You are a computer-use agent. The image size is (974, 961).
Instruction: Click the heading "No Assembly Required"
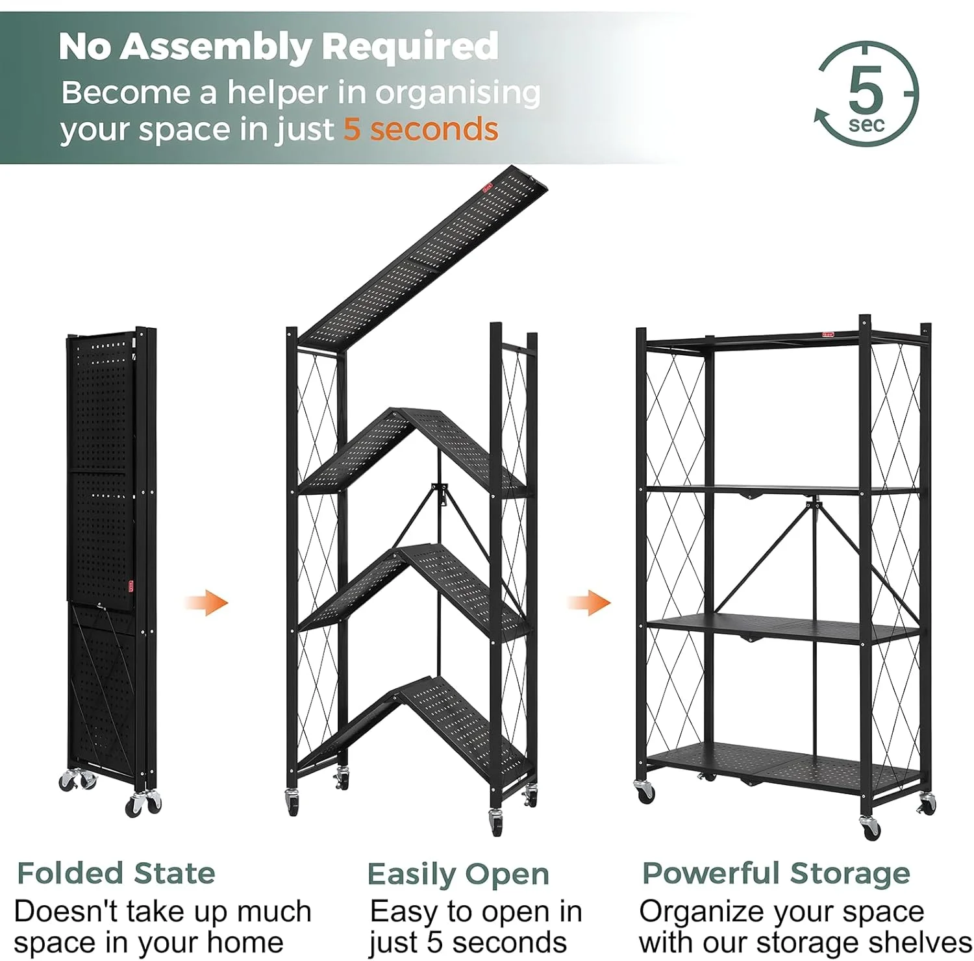(x=279, y=47)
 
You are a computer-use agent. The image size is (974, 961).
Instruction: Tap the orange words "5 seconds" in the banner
(x=421, y=129)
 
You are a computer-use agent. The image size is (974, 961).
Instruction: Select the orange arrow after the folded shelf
(x=206, y=603)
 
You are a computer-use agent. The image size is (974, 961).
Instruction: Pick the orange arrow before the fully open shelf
(x=589, y=602)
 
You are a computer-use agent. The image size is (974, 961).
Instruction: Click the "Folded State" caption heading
(x=116, y=873)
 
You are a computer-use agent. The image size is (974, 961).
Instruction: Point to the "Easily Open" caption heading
(x=458, y=875)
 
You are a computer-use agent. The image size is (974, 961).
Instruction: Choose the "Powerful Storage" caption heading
(x=776, y=873)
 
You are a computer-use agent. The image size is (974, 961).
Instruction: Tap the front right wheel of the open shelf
(x=870, y=827)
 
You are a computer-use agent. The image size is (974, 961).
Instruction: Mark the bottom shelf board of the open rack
(x=782, y=763)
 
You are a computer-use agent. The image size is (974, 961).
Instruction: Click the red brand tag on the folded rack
(x=131, y=587)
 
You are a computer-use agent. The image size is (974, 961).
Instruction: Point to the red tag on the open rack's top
(x=828, y=334)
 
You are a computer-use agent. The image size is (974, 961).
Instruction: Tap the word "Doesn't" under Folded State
(x=65, y=911)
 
